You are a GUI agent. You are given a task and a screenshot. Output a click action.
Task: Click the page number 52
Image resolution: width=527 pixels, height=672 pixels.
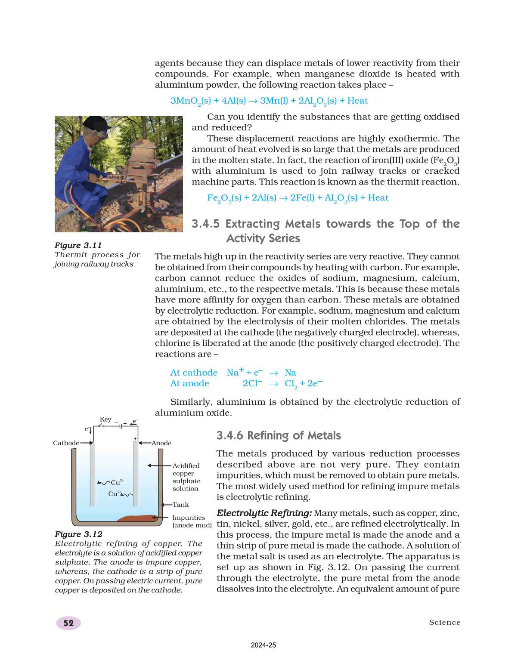tap(68, 623)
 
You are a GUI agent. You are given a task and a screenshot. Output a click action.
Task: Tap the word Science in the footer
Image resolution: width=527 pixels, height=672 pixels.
tap(444, 623)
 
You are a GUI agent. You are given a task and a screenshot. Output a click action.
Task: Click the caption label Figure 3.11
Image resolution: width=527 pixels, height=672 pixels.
tap(78, 245)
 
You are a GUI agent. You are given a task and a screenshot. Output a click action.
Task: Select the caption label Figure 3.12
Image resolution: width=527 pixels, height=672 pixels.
tap(78, 534)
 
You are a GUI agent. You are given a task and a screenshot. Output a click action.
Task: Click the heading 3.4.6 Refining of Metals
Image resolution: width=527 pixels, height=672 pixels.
tap(279, 435)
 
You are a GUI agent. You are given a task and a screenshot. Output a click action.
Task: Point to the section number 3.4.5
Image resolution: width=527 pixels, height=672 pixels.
tap(205, 224)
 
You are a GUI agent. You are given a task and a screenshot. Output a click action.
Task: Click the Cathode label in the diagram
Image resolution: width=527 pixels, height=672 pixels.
tap(66, 443)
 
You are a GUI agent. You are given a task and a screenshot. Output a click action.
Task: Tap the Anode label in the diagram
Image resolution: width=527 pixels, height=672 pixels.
tap(161, 443)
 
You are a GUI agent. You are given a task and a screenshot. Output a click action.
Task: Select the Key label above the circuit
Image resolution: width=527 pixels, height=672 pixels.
tap(105, 419)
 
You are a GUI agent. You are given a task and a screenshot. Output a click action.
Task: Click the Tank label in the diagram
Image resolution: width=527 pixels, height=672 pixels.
tap(181, 505)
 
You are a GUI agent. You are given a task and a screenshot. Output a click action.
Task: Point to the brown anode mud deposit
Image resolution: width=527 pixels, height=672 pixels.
tap(136, 518)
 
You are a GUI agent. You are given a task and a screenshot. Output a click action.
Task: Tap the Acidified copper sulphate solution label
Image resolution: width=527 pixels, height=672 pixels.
tap(186, 477)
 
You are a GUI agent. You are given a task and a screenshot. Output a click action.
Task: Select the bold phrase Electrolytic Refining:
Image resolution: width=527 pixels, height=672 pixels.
tap(264, 513)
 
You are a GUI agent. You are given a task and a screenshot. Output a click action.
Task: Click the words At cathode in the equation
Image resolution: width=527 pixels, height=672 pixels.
tap(194, 373)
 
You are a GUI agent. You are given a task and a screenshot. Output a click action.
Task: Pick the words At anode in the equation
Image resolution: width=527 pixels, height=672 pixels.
tap(189, 383)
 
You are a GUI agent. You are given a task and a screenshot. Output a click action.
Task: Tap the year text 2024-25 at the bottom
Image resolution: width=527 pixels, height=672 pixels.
tap(263, 645)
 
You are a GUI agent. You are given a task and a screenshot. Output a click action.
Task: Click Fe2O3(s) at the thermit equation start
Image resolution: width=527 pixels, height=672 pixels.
tap(224, 198)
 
